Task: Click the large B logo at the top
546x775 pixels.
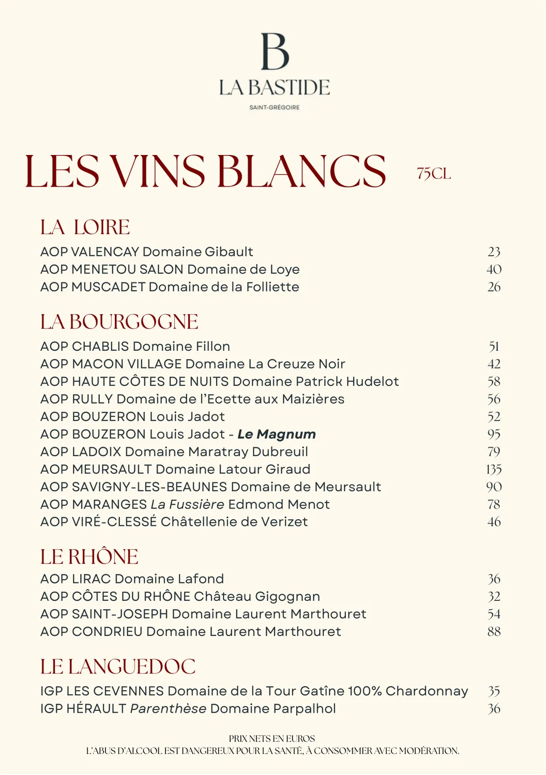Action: coord(275,52)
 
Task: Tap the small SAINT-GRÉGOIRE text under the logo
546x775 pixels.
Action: coord(275,107)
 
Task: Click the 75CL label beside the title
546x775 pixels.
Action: coord(434,174)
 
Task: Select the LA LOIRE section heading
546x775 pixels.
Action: coord(85,227)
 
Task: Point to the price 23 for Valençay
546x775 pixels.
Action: coord(494,252)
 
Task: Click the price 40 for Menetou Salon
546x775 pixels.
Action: coord(494,269)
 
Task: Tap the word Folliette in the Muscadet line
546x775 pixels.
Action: coord(272,287)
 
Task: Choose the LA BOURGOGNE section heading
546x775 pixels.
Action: coord(119,322)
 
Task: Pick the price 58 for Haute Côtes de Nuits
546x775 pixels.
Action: coord(494,382)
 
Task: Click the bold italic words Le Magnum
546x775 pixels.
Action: coord(277,435)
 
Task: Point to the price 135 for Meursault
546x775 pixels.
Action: coord(494,470)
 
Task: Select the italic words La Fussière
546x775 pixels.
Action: coord(187,504)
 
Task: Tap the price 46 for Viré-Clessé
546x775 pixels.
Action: coord(494,522)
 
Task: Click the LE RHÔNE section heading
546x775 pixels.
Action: coord(89,557)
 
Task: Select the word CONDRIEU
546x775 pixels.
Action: coord(107,631)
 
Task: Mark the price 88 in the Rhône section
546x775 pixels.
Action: coord(494,631)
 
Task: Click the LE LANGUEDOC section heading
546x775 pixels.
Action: coord(118,667)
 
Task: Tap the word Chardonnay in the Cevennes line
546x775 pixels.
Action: coord(427,691)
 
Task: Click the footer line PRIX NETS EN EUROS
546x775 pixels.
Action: coord(272,739)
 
